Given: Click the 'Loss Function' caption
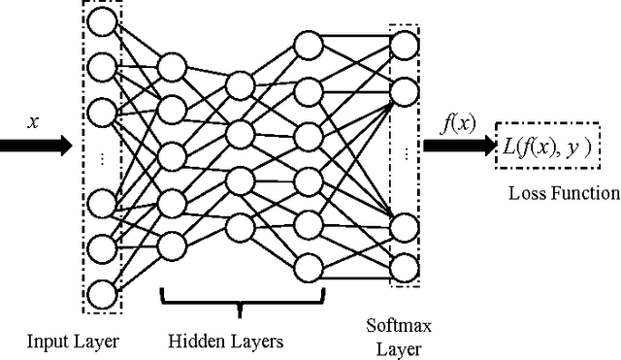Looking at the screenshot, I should [x=563, y=192].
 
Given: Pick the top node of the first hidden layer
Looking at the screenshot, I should [x=171, y=67].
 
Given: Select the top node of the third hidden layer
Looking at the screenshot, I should [x=308, y=45].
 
